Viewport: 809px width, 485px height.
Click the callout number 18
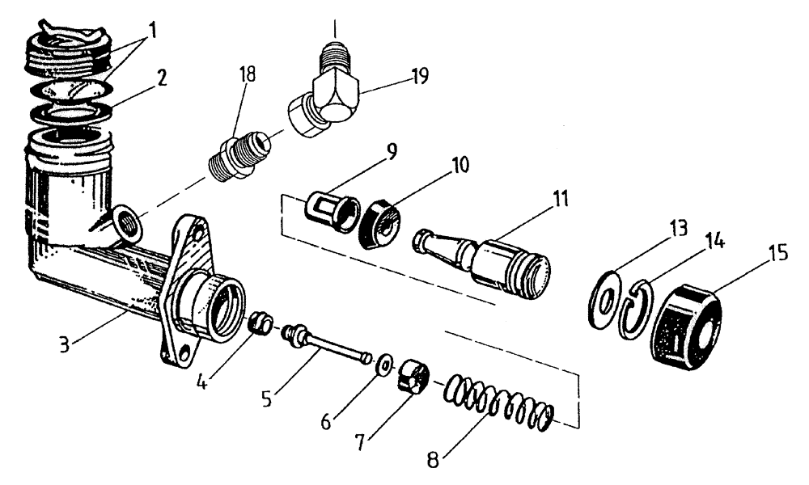pos(247,74)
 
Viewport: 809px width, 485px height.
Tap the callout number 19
pos(418,77)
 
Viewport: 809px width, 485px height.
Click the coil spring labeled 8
pos(502,402)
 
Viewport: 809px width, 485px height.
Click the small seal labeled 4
pos(258,323)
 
